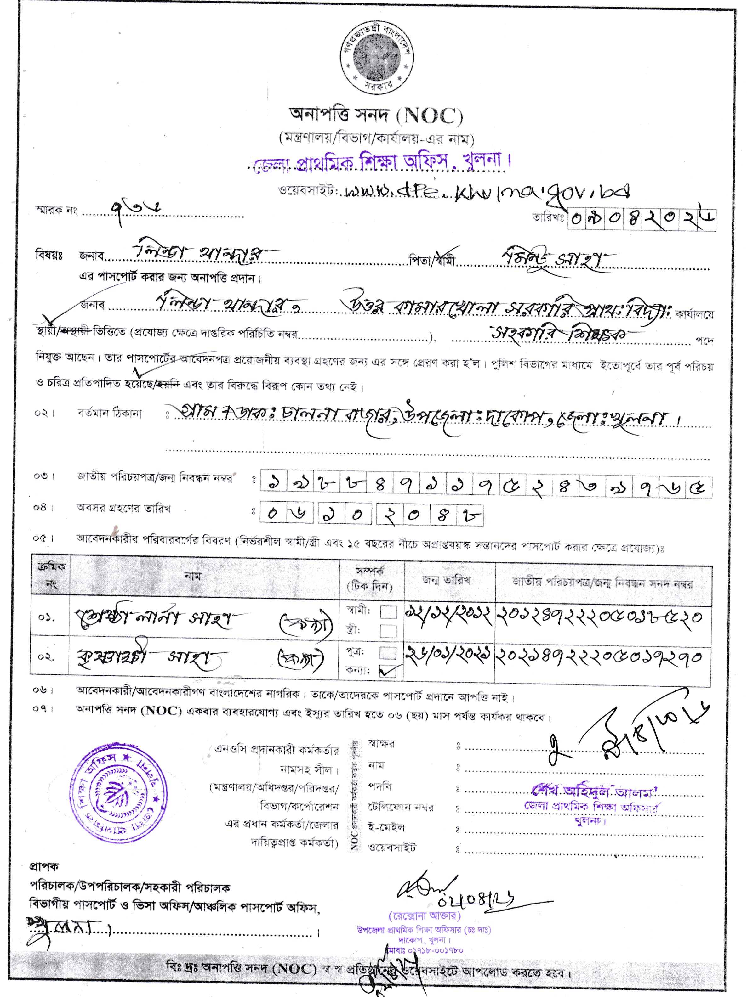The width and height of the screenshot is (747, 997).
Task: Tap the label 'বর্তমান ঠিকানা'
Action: (x=109, y=413)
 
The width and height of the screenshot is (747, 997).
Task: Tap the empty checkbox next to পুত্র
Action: (x=388, y=652)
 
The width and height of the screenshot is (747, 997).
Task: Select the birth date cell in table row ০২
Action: (x=448, y=657)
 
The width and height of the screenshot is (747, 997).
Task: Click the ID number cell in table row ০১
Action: (x=600, y=617)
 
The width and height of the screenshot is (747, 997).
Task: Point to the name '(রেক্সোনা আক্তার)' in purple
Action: (x=424, y=916)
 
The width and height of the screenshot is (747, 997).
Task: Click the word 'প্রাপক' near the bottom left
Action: (x=44, y=866)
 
